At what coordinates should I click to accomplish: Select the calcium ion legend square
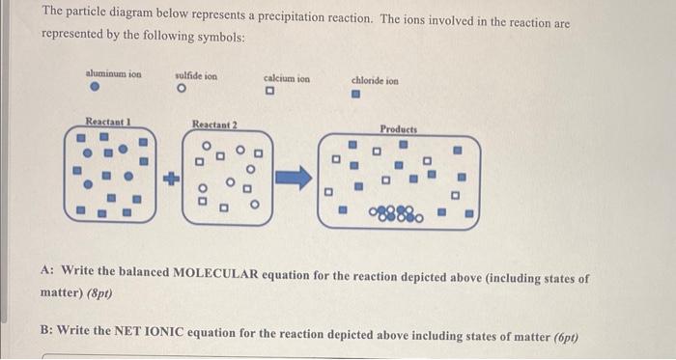273,93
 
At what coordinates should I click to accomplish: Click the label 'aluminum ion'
106,73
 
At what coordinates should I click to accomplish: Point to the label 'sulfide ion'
196,75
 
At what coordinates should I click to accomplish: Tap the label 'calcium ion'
287,78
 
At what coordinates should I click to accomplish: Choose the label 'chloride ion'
375,81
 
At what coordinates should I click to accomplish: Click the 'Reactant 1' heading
107,123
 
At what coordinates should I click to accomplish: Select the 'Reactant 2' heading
215,125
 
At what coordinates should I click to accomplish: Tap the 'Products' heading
398,128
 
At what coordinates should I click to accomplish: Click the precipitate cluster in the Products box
391,211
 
